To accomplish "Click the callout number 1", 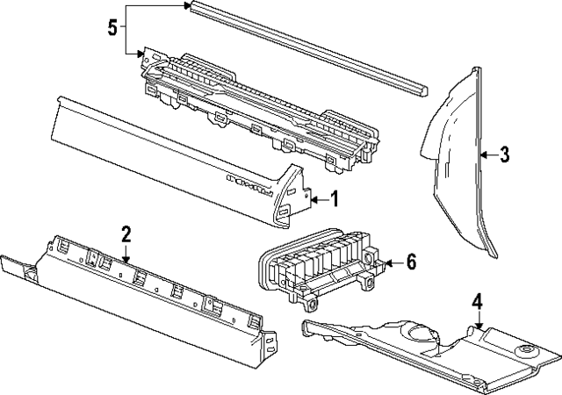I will (334, 200).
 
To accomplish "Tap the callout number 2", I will (126, 233).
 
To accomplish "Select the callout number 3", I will (504, 156).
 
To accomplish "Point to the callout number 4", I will (477, 303).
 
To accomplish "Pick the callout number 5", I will (112, 27).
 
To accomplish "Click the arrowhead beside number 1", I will (313, 200).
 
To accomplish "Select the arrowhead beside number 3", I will (482, 156).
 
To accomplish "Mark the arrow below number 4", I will (477, 327).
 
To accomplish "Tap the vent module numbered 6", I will (316, 263).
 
